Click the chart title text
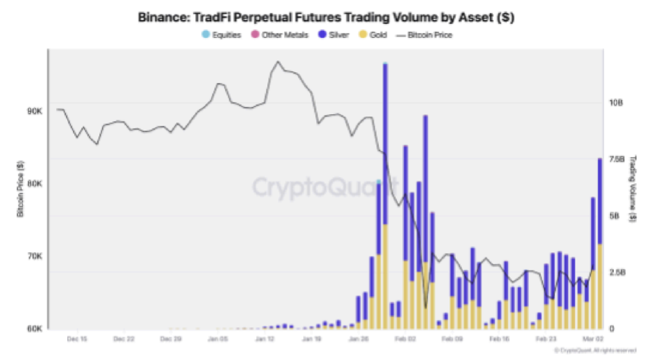click(326, 17)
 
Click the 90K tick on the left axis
click(34, 111)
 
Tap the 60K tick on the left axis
click(34, 328)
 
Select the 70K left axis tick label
click(34, 256)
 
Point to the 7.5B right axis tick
click(616, 159)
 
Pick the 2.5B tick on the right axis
click(616, 272)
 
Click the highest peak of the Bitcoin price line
click(278, 62)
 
